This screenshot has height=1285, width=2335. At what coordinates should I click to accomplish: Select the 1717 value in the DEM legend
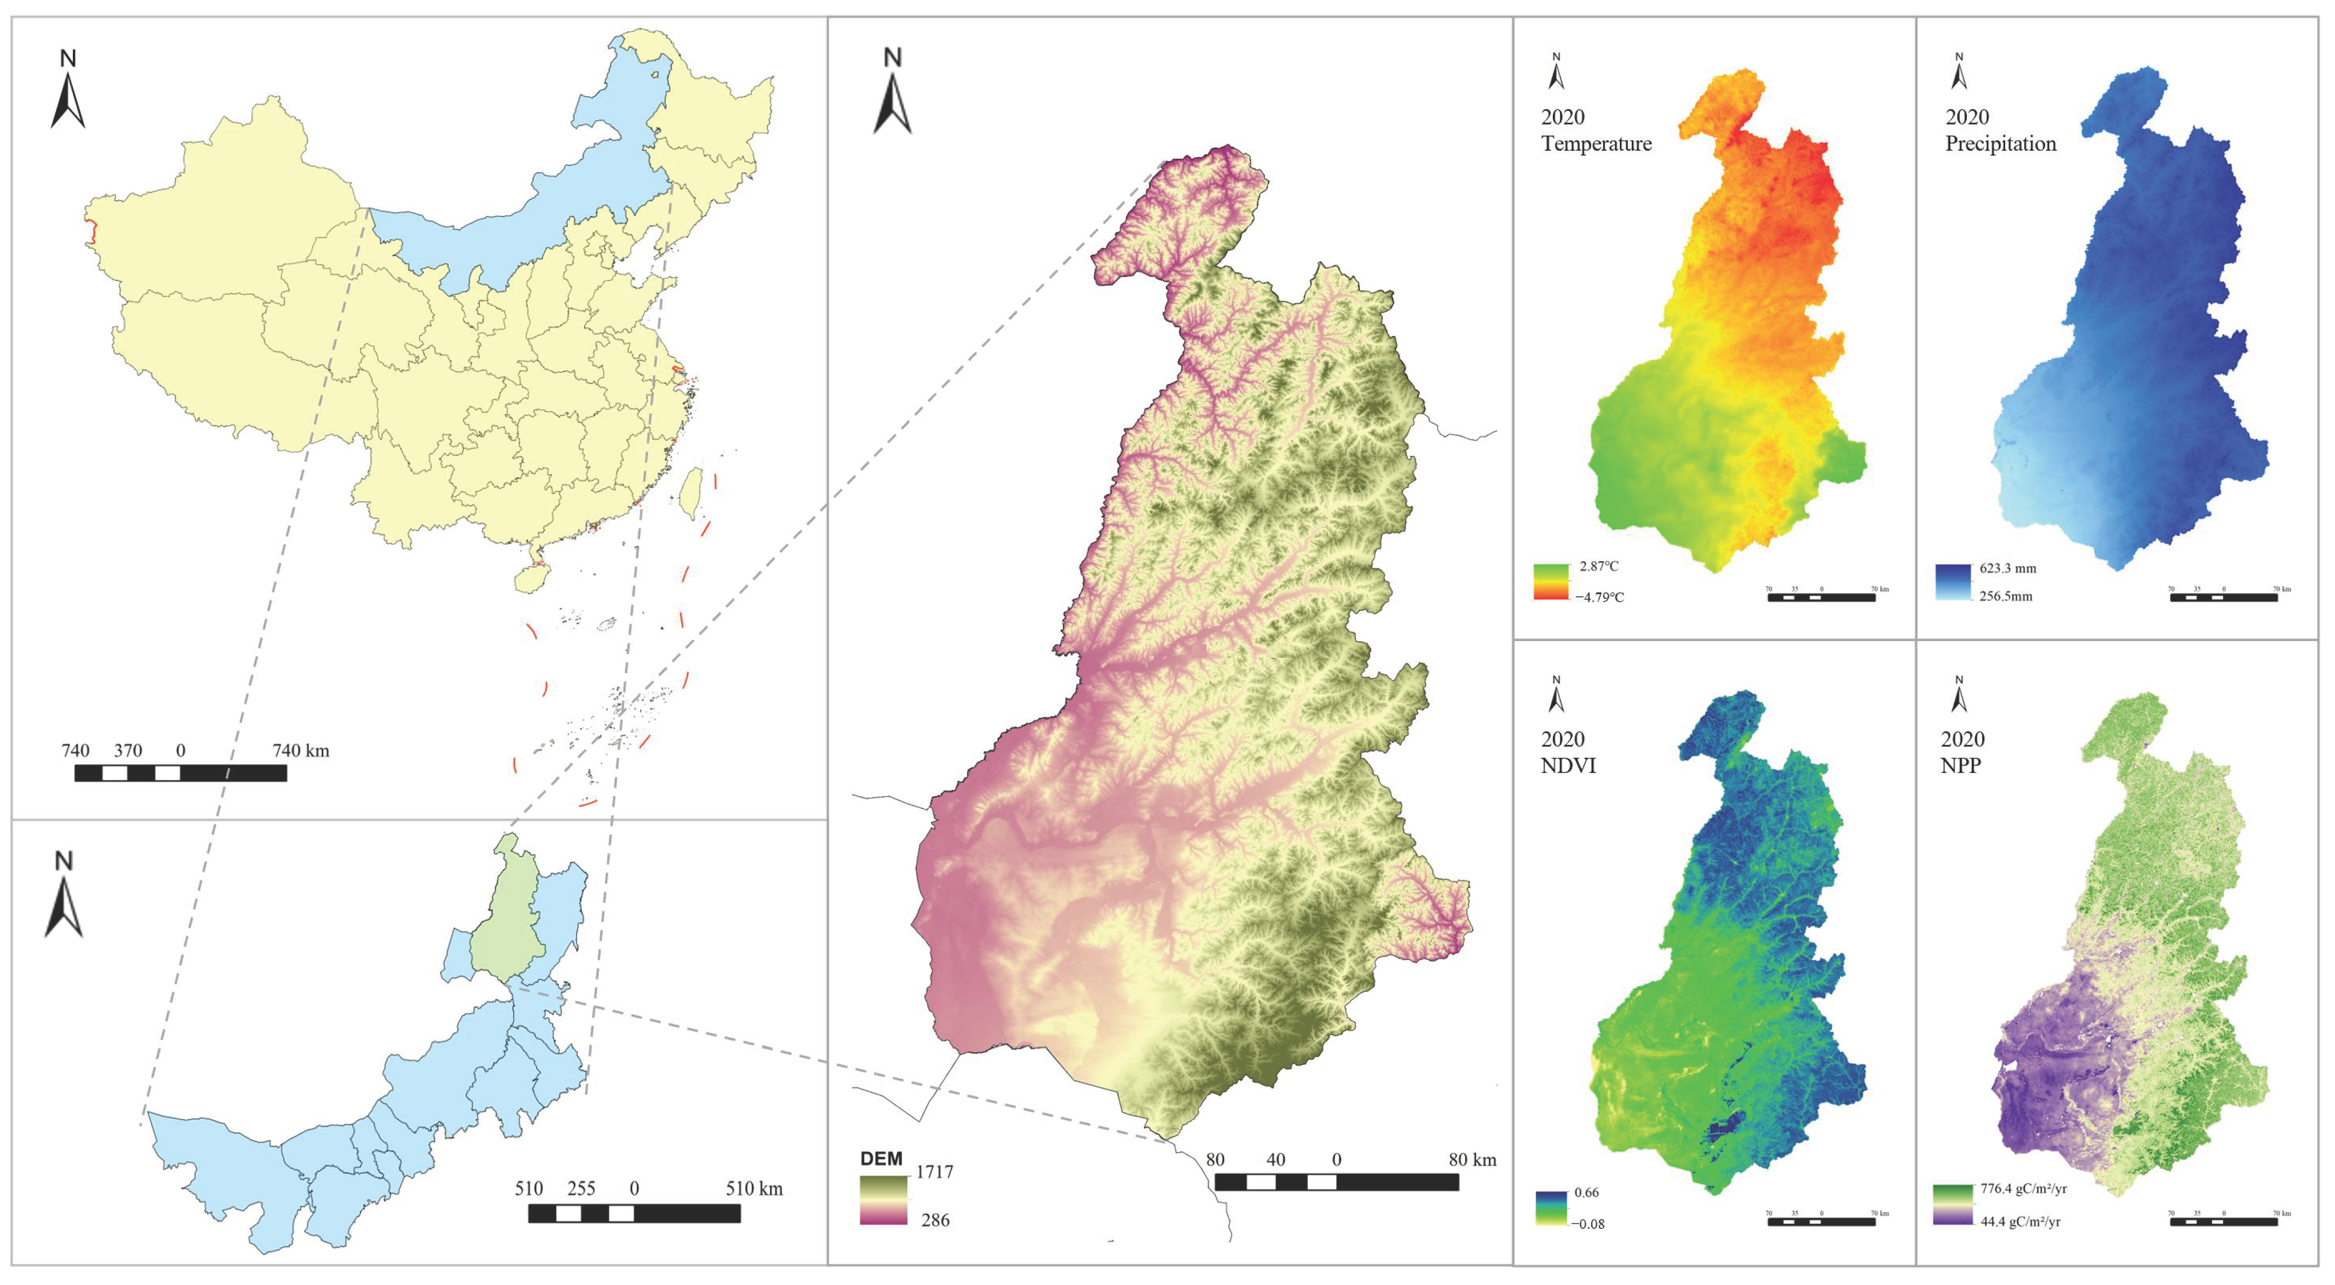point(934,1172)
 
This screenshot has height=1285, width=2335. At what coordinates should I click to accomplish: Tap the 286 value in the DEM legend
point(934,1220)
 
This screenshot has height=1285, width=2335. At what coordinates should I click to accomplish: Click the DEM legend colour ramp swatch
point(883,1200)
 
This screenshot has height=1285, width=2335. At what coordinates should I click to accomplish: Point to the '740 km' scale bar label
point(301,751)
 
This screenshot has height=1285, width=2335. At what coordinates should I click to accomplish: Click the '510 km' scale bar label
point(754,1189)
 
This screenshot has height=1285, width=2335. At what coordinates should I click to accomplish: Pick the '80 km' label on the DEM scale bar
point(1472,1160)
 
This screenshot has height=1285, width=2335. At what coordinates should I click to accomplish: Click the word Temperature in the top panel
point(1596,143)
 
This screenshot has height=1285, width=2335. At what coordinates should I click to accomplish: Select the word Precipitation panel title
point(2000,143)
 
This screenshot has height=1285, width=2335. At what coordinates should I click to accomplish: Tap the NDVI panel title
point(1568,765)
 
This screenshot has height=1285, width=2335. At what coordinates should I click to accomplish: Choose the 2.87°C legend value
point(1599,567)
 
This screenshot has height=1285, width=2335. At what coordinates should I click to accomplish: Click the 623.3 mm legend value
point(2008,569)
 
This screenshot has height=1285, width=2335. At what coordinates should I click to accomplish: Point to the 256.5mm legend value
point(2006,597)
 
